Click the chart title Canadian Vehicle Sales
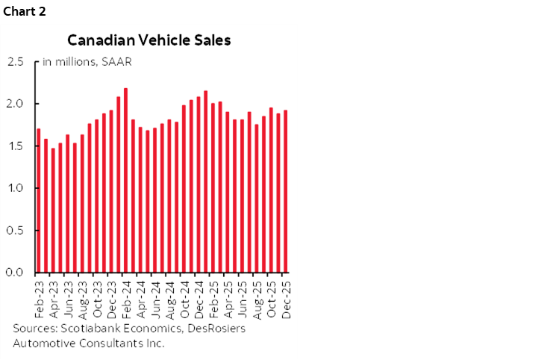[149, 40]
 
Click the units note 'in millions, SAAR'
[83, 61]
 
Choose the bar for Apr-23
[53, 210]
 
